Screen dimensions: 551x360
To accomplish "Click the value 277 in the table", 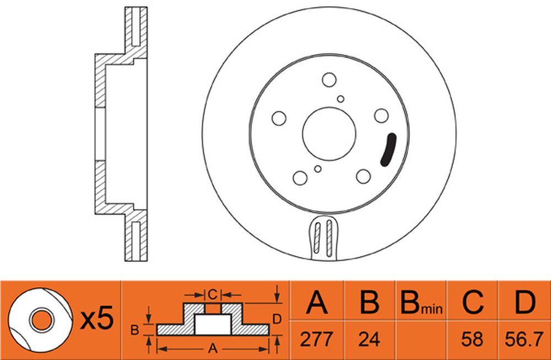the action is pos(316,340).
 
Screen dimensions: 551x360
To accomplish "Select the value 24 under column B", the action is pos(369,340).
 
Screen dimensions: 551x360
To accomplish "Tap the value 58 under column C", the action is pos(472,340).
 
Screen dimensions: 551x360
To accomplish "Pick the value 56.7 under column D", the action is pos(525,340).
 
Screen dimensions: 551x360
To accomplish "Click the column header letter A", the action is pos(317,302).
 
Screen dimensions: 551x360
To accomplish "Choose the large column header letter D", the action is pos(525,302).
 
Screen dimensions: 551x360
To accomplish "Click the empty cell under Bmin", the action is pos(421,340).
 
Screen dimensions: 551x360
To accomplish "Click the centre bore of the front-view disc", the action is pos(329,134).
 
